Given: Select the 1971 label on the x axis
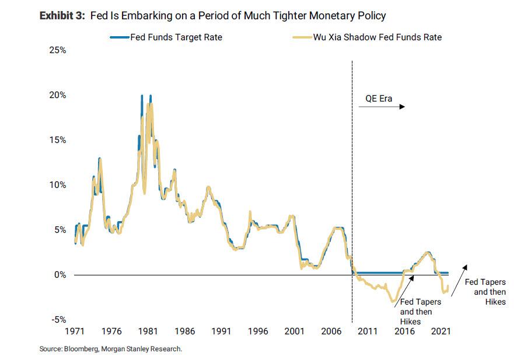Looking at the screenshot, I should coord(75,331).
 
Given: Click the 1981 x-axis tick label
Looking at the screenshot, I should coord(148,331).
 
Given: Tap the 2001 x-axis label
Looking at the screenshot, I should coord(295,331).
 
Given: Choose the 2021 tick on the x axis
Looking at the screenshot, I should coord(441,331).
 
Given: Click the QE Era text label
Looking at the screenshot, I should coord(379,99).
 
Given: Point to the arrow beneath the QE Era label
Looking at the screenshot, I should coord(382,107).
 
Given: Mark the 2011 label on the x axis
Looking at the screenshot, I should coord(368,331).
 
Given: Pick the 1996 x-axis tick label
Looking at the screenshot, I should coord(258,331).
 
